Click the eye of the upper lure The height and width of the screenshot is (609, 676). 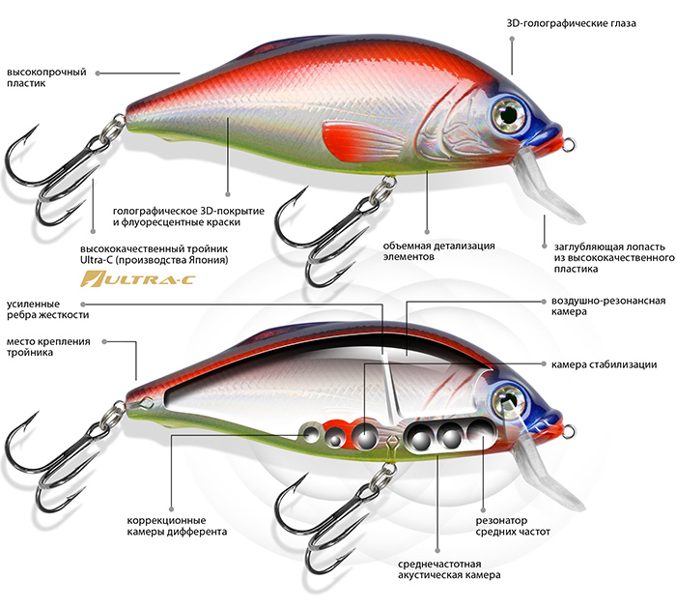(505, 113)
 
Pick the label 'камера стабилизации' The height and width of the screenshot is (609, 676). (605, 364)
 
